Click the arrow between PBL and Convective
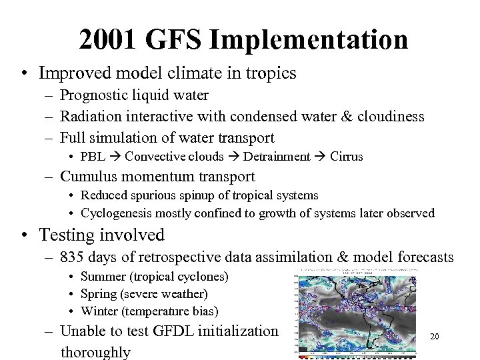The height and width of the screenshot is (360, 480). [114, 157]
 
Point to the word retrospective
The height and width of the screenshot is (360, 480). [185, 257]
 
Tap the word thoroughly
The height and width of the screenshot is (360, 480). [95, 351]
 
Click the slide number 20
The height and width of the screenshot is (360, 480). [435, 337]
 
